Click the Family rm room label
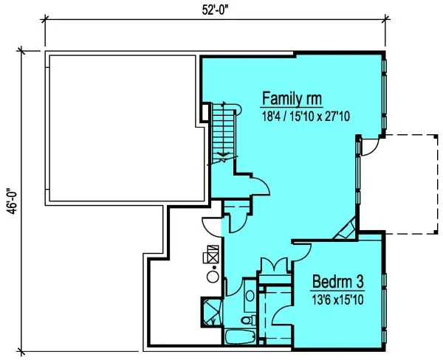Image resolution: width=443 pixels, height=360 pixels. [293, 99]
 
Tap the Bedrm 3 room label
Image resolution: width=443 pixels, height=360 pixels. [337, 282]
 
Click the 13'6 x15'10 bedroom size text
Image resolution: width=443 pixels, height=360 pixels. [337, 299]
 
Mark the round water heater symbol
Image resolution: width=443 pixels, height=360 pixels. [211, 277]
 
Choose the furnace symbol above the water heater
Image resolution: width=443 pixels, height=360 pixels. [211, 255]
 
